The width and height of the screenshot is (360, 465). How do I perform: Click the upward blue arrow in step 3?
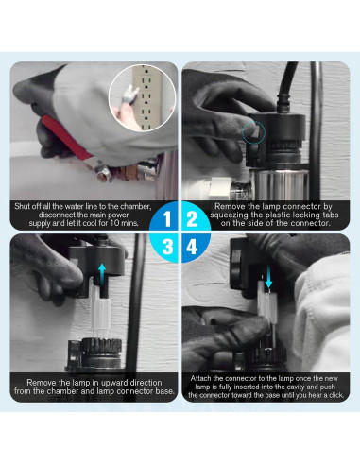tap(102, 272)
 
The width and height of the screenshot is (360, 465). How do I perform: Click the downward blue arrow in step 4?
tap(268, 277)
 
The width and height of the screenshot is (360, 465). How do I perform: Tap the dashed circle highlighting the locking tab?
tap(254, 132)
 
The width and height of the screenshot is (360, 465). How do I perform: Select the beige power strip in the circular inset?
tap(146, 96)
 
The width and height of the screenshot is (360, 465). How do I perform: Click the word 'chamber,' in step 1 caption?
tap(134, 207)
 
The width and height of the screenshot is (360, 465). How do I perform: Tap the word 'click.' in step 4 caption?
tap(335, 395)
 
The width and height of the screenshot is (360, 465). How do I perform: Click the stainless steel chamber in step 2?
tap(281, 184)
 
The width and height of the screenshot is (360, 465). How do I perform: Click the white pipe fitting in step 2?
tap(221, 188)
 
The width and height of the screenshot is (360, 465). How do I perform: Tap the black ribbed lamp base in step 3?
tap(101, 352)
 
